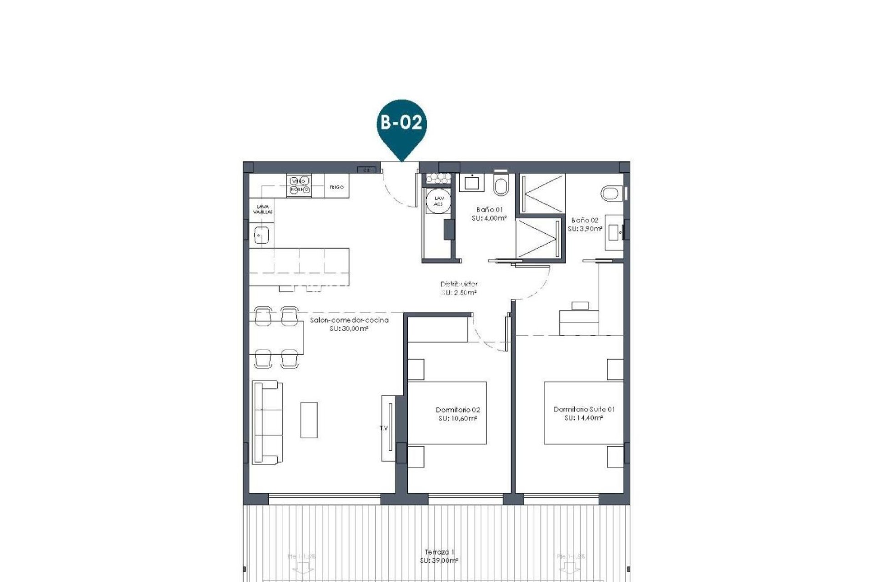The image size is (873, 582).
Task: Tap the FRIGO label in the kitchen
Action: [x=336, y=187]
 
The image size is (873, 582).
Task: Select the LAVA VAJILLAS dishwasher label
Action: [x=262, y=210]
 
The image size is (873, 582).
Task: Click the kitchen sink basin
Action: [x=262, y=236]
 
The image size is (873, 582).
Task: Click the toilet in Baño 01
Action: [x=501, y=185]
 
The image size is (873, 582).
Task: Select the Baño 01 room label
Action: [x=489, y=210]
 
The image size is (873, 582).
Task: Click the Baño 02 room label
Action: [x=585, y=220]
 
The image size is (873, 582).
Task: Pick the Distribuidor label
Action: [x=459, y=284]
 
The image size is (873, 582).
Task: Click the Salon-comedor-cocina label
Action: [x=349, y=320]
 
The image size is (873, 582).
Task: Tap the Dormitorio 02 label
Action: [x=457, y=410]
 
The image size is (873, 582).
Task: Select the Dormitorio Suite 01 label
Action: [x=584, y=409]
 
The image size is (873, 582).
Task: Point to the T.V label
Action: [x=384, y=428]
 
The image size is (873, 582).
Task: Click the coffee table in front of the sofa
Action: [x=309, y=420]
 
